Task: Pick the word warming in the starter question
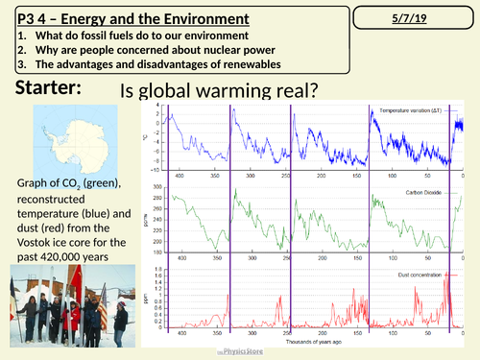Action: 213,92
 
